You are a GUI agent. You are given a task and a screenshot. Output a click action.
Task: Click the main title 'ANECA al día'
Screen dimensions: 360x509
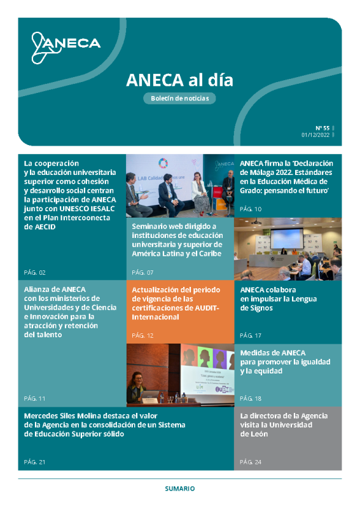[x=179, y=80]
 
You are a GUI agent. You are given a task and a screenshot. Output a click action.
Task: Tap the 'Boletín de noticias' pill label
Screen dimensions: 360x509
[x=179, y=98]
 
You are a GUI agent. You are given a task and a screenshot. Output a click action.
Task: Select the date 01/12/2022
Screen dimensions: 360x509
[x=316, y=135]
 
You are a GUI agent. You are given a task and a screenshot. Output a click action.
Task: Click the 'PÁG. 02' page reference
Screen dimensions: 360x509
[x=34, y=272]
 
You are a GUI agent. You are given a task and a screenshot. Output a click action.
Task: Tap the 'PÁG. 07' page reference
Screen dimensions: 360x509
[x=142, y=272]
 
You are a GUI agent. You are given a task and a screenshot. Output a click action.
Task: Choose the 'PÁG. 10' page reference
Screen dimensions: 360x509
[x=251, y=209]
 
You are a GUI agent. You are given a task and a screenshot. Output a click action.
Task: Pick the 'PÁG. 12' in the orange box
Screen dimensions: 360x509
[x=142, y=335]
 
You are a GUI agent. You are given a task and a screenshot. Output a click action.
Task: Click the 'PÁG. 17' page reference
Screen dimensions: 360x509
[x=251, y=335]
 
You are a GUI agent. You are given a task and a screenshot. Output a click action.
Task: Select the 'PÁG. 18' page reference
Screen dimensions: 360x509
[x=251, y=398]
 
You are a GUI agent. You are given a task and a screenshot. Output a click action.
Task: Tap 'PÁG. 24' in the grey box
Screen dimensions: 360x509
[x=251, y=461]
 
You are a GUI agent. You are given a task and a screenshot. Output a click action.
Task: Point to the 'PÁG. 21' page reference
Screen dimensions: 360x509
[x=34, y=461]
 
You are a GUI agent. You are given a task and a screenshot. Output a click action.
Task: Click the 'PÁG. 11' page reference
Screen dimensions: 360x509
[x=34, y=398]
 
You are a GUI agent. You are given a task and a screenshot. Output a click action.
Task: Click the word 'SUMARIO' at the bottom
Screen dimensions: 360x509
[x=179, y=489]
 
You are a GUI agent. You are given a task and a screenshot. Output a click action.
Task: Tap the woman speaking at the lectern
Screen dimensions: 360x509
[x=137, y=386]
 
